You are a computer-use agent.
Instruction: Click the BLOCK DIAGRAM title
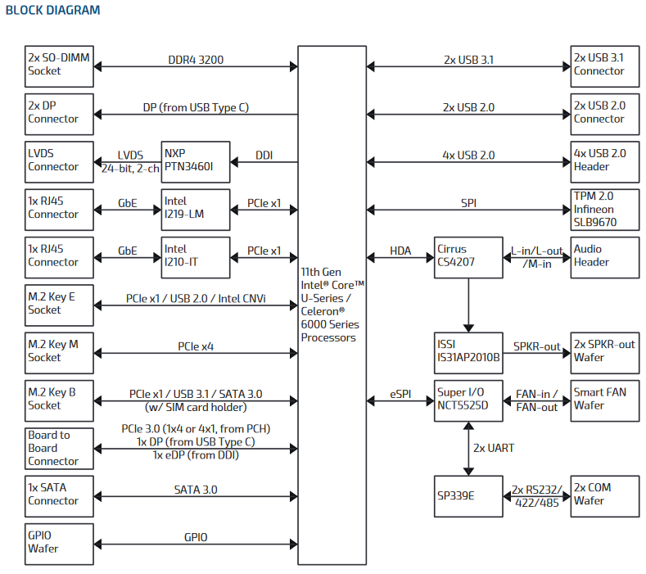click(53, 11)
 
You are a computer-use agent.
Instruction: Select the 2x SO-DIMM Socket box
click(59, 66)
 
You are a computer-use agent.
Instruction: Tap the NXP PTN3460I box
click(195, 160)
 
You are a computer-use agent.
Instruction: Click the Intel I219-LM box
click(195, 208)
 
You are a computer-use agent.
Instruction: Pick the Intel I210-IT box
click(195, 255)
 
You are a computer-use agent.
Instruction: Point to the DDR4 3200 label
click(196, 60)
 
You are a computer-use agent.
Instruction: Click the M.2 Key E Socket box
click(59, 304)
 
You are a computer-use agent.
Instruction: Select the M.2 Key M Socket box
click(59, 351)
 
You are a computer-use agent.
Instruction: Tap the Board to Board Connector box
click(59, 448)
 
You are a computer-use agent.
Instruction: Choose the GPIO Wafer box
click(59, 543)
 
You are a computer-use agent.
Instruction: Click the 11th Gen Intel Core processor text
click(332, 304)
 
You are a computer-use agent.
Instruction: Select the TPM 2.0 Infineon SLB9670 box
click(604, 208)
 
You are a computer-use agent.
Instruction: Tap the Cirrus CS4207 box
click(468, 255)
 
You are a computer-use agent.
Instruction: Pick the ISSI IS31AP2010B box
click(468, 351)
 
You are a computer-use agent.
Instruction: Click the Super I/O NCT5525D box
click(468, 400)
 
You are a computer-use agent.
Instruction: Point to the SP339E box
click(468, 495)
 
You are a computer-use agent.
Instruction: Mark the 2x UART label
click(493, 448)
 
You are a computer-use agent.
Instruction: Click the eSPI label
click(400, 394)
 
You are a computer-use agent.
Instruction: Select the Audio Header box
click(604, 255)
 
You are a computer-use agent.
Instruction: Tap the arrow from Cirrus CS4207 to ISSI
click(468, 304)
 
